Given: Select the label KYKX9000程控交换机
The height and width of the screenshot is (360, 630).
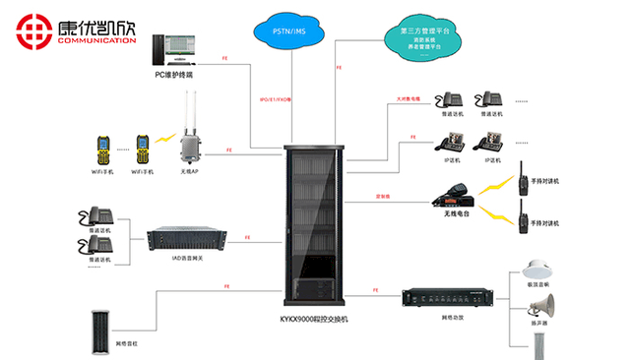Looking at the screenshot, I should click(315, 320).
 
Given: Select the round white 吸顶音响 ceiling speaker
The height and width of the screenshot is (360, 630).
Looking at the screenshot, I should click(536, 270).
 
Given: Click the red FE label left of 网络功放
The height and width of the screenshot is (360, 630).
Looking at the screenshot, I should click(377, 288).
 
